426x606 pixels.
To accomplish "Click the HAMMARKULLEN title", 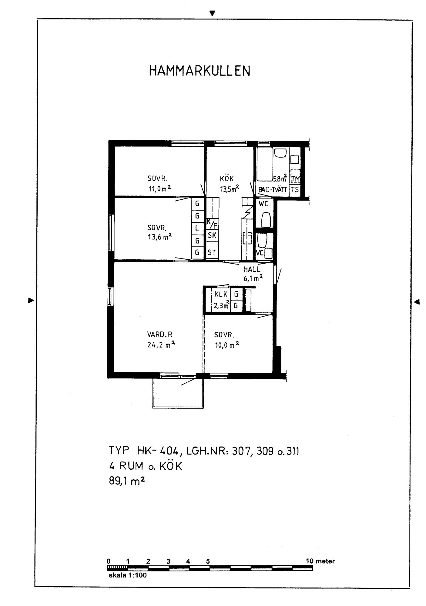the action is point(200,71).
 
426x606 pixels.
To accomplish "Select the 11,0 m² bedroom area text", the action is point(159,189).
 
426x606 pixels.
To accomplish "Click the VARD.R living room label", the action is point(160,335).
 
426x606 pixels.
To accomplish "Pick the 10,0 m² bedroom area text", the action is point(227,345).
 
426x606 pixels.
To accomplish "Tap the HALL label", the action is point(252,269).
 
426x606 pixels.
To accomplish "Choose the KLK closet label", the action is point(221,294).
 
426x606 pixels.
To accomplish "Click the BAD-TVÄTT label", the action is point(273,190).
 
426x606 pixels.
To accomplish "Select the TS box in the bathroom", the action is point(295,190).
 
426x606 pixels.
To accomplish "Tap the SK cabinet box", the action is point(212,235).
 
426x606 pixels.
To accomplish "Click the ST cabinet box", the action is point(212,252).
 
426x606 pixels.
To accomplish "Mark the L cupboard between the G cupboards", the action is point(197,228).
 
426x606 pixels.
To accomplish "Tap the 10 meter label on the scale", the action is point(320,561).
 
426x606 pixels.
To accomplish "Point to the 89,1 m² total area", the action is point(127,481).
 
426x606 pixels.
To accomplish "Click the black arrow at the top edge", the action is point(212,13).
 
